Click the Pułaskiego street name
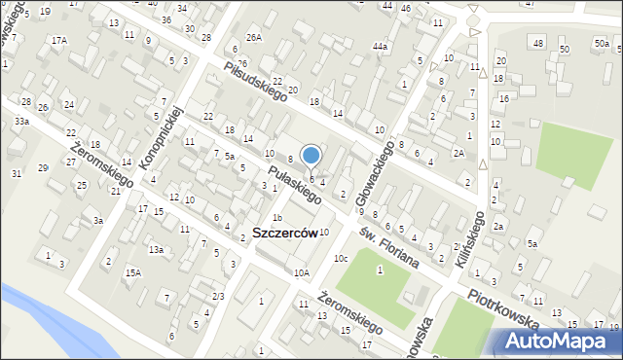pos(295,184)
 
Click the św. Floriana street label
pos(386,247)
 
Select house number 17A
pos(59,40)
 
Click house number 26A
pos(253,37)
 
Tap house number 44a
pos(380,47)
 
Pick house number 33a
pos(21,121)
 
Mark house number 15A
pos(132,273)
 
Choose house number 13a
pos(156,250)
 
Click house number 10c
pos(341,258)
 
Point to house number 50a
pos(602,43)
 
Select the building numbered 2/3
pos(218,296)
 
